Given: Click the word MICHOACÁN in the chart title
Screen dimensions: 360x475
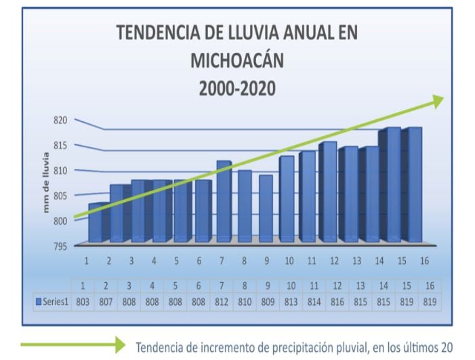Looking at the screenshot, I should click(237, 60).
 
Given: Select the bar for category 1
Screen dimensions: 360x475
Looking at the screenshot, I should click(96, 222).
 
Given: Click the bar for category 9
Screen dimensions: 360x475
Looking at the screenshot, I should click(266, 208).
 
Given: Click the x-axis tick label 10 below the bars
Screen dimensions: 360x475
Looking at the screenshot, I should click(289, 260).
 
